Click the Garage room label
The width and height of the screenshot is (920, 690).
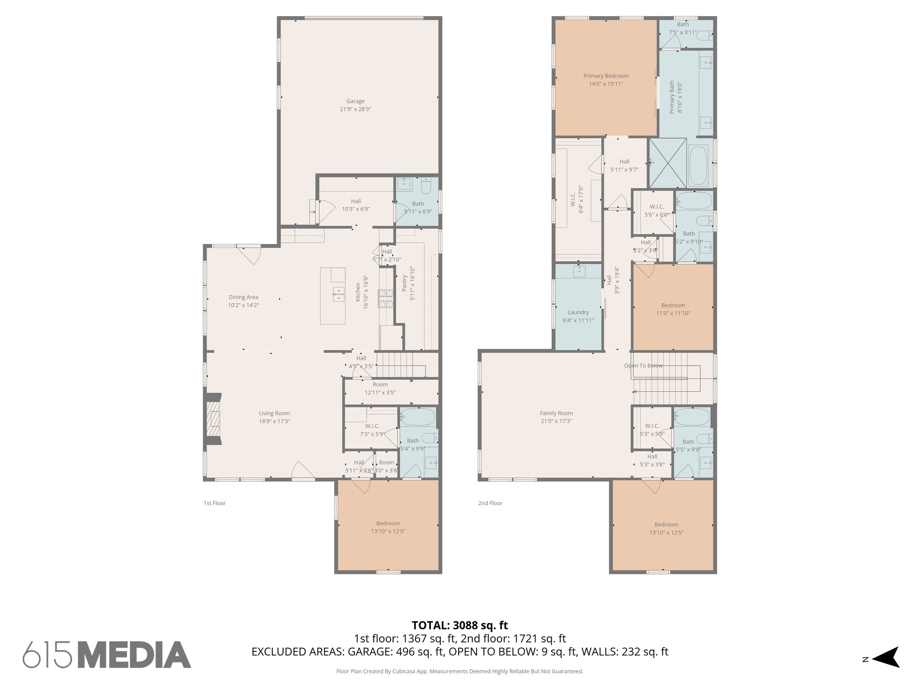[355, 102]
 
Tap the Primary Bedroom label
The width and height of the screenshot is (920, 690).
[606, 76]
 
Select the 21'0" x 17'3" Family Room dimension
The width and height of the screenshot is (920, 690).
[556, 421]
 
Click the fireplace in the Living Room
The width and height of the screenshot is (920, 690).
[214, 419]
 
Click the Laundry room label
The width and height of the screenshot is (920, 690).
[578, 312]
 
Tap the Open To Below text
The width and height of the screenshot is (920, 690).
[643, 366]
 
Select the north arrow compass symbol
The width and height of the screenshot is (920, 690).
[885, 670]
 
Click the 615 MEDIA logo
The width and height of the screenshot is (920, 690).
[107, 655]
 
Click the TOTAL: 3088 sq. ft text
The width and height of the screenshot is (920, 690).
[460, 625]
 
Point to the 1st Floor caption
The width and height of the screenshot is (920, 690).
[214, 503]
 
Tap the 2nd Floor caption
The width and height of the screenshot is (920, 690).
[490, 503]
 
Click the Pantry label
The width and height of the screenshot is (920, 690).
[404, 283]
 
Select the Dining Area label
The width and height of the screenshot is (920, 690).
[243, 297]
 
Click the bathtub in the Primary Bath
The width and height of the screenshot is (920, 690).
[698, 165]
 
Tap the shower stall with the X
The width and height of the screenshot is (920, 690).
[668, 163]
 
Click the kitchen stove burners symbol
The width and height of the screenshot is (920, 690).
[385, 299]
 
